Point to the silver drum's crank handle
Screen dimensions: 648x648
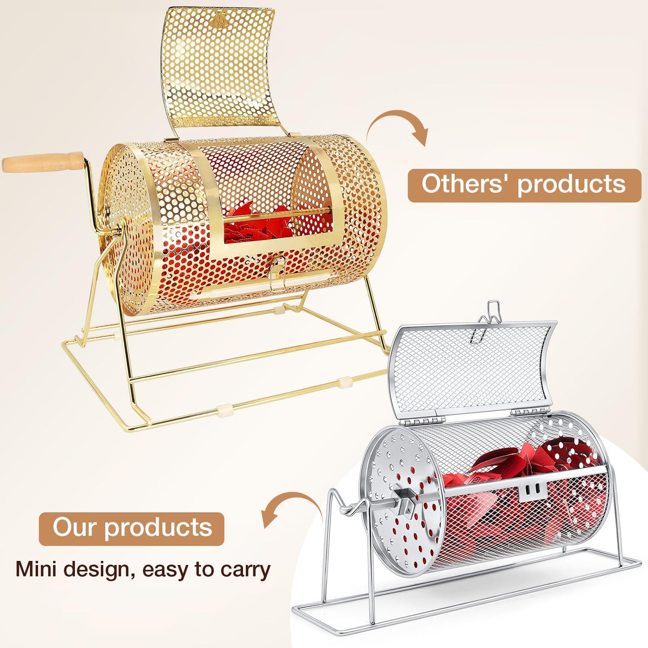(350, 504)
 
